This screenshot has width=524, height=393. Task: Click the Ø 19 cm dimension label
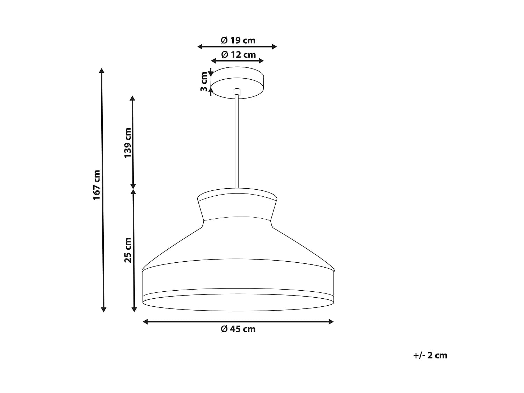tap(238, 40)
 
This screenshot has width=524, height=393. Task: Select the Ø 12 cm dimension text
tap(238, 54)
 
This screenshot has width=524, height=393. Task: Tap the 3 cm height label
tap(204, 82)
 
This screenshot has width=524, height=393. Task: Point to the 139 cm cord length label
tap(128, 143)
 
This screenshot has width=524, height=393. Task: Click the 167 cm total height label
tap(97, 185)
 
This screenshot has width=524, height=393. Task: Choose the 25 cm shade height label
tap(128, 250)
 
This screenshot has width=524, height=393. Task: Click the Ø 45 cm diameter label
tap(238, 329)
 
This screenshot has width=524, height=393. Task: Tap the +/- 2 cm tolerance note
tap(430, 362)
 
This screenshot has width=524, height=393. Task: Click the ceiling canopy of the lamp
tap(237, 82)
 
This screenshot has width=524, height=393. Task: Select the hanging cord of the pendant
tap(236, 141)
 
